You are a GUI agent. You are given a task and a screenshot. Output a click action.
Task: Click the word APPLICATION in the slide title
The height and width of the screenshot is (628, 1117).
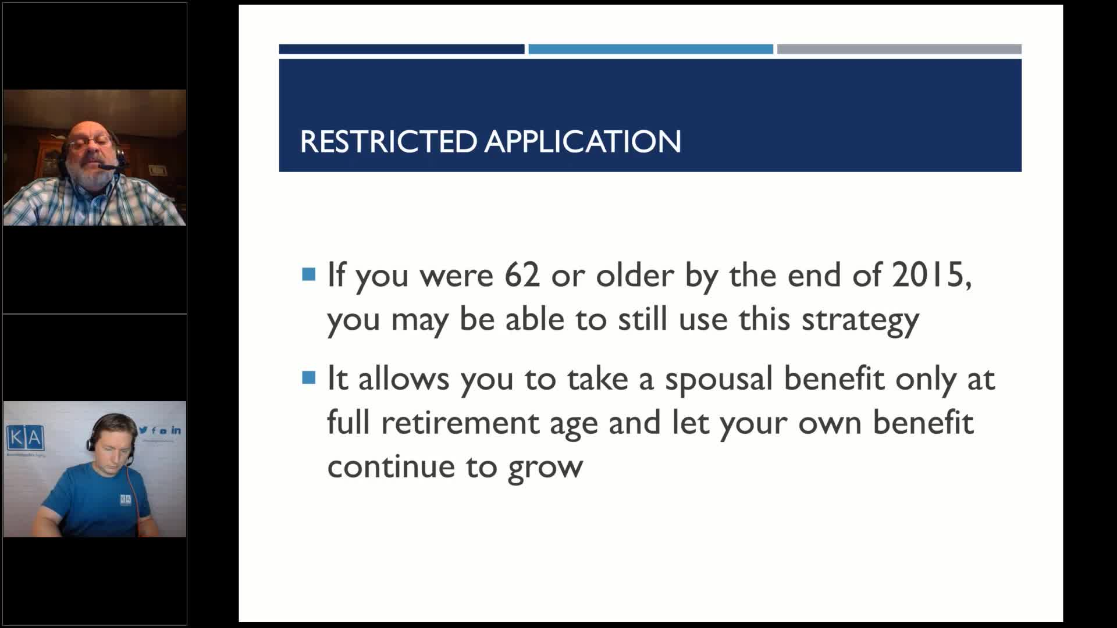pos(584,142)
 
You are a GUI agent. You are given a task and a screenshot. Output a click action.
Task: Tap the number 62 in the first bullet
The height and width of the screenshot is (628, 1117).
pos(522,275)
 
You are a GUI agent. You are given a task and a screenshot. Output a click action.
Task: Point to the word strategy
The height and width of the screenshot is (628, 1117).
pos(860,320)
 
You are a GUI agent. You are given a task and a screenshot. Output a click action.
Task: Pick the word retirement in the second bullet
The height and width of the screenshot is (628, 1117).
pos(460,423)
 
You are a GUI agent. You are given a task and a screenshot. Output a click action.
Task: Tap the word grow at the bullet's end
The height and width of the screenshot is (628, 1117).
pos(545,467)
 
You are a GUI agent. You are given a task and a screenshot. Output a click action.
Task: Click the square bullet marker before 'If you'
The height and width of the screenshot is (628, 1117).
pos(309,274)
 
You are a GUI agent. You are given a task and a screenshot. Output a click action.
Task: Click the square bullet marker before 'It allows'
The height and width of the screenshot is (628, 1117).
pos(309,379)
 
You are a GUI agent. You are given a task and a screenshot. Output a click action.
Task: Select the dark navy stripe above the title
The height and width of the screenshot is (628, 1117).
pos(401,49)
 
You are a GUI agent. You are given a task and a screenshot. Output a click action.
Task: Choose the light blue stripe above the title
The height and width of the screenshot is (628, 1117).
pos(650,49)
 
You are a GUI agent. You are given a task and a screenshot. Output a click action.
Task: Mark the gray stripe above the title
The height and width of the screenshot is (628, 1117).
pos(899,49)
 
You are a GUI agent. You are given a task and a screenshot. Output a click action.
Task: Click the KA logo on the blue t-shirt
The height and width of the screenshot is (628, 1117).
pos(126,499)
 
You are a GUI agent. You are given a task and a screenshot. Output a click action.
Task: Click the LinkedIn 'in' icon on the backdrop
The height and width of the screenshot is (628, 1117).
pos(176,430)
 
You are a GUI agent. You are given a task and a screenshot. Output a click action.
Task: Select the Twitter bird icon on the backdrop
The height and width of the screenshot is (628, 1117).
pos(143,430)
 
